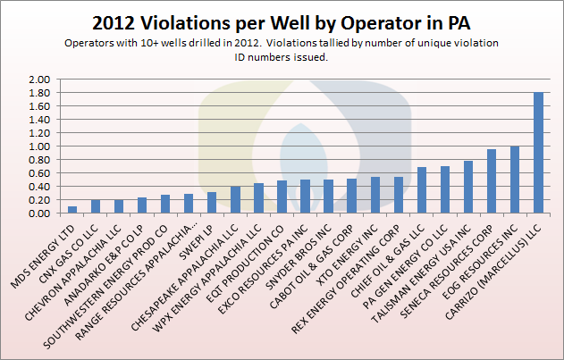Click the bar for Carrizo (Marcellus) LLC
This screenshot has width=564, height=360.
[538, 153]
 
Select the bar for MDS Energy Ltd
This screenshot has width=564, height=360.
[72, 210]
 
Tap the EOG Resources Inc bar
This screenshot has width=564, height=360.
[515, 180]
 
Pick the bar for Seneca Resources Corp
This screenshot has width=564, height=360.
[492, 181]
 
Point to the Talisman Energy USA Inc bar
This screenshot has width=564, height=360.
[468, 188]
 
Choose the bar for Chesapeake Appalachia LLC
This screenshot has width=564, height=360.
[235, 200]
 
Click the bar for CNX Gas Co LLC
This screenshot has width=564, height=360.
[96, 206]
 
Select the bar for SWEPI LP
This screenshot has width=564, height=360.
[212, 203]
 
